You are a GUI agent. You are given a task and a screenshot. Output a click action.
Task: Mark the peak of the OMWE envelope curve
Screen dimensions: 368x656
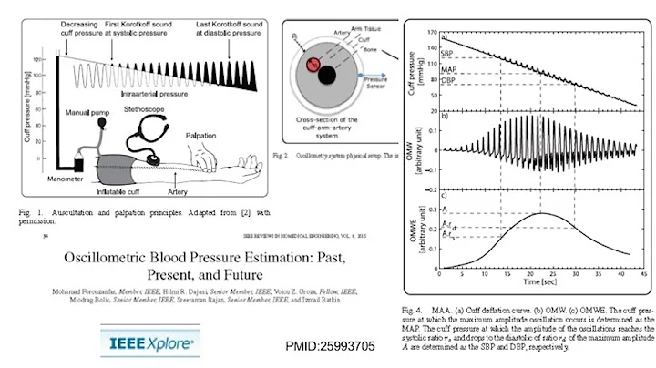[541, 212]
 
